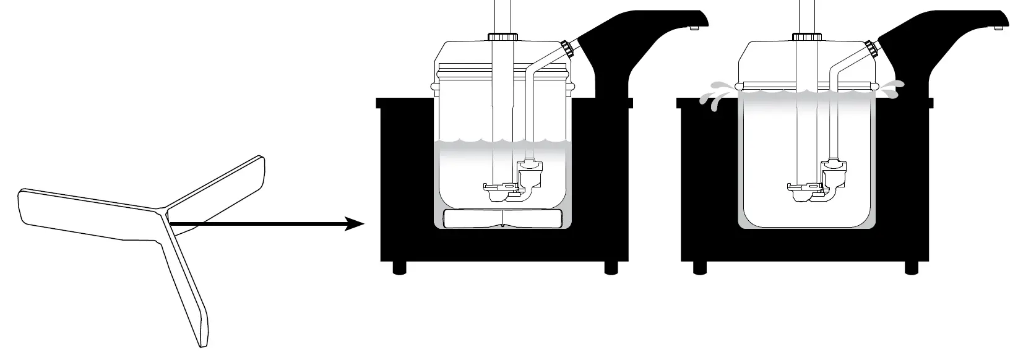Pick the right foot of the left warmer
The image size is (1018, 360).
[x=611, y=267]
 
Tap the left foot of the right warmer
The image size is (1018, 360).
[x=701, y=267]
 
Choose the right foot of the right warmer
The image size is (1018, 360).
[x=911, y=267]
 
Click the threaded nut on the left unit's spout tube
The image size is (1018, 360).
[x=567, y=48]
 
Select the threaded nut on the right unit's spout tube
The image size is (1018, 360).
[x=871, y=48]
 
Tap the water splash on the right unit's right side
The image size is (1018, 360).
[x=893, y=88]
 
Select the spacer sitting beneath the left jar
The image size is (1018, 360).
[x=503, y=219]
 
